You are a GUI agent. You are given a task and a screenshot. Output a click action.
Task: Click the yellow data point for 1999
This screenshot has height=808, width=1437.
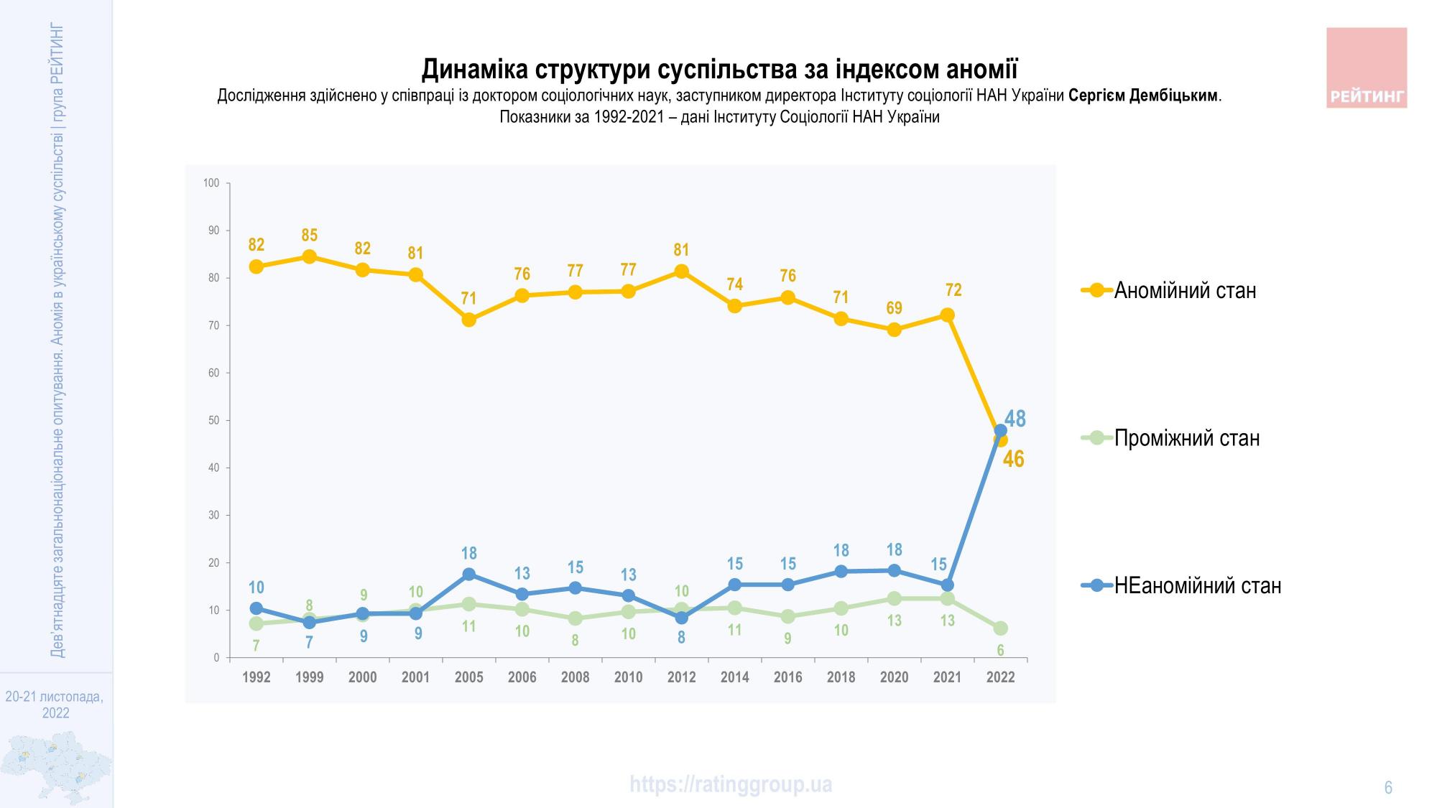pyautogui.click(x=309, y=256)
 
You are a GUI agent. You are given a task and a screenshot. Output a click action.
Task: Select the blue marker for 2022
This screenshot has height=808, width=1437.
pyautogui.click(x=1000, y=430)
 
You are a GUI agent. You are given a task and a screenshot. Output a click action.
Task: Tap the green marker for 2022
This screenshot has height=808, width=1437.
pyautogui.click(x=1000, y=628)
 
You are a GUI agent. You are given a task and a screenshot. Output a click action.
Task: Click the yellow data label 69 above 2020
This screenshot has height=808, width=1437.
pyautogui.click(x=894, y=308)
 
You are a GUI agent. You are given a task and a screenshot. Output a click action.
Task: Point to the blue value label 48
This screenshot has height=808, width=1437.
pyautogui.click(x=1015, y=418)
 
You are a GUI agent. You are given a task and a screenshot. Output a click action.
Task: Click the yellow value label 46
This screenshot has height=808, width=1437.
pyautogui.click(x=1013, y=459)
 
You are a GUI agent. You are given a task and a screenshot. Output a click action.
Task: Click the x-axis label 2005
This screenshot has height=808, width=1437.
pyautogui.click(x=468, y=677)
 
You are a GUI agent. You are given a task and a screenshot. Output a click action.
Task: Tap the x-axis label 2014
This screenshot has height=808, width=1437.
pyautogui.click(x=734, y=677)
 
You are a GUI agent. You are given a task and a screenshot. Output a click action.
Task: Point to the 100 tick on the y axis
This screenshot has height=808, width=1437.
pyautogui.click(x=211, y=183)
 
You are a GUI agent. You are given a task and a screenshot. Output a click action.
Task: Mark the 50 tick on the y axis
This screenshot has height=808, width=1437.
pyautogui.click(x=214, y=420)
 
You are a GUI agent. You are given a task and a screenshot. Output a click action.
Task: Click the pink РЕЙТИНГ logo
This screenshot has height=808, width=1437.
pyautogui.click(x=1366, y=68)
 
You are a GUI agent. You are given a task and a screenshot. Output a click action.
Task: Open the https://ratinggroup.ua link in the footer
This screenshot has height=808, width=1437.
pyautogui.click(x=731, y=784)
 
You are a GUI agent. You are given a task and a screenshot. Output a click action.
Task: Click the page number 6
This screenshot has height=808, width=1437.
pyautogui.click(x=1388, y=788)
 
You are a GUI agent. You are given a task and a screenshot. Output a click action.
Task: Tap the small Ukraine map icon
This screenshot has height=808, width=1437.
pyautogui.click(x=56, y=767)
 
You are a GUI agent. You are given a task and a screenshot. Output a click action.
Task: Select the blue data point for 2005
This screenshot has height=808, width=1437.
pyautogui.click(x=468, y=574)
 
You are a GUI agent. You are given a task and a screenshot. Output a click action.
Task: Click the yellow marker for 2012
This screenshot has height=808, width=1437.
pyautogui.click(x=681, y=271)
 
